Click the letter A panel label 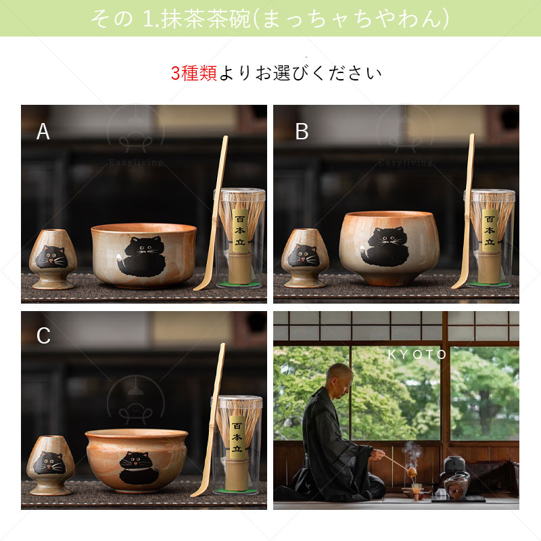point(43,132)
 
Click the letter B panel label point(302,132)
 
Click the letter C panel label point(43,336)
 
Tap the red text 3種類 point(193,73)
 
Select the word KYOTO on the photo point(417,354)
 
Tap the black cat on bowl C point(139,467)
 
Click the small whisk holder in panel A point(53,259)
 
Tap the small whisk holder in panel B point(304,258)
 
